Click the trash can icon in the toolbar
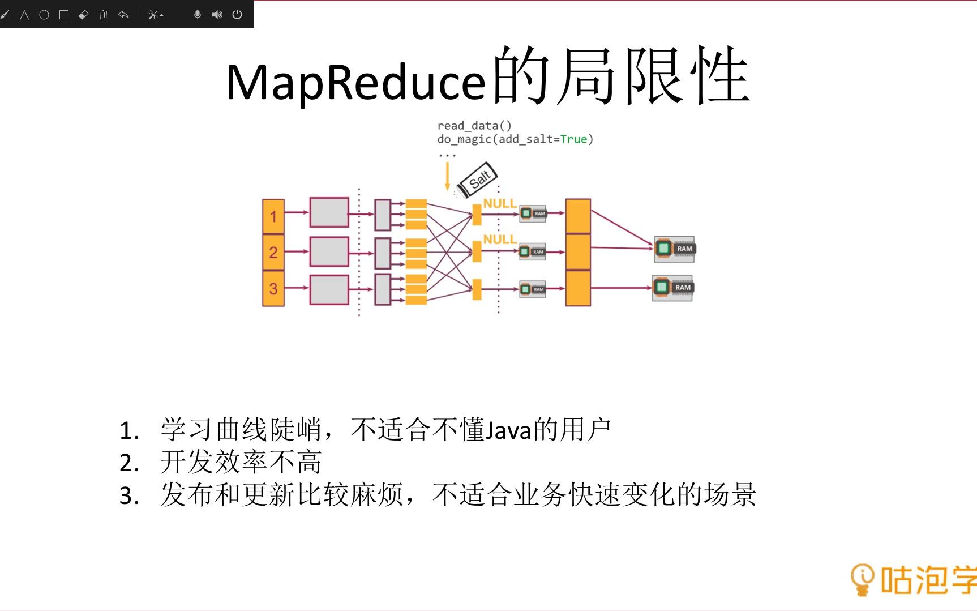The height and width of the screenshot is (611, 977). click(x=103, y=15)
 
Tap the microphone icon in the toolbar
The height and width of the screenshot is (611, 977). click(x=198, y=15)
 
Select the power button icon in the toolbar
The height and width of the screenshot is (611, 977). click(x=237, y=15)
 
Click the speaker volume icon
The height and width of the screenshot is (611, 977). click(x=217, y=15)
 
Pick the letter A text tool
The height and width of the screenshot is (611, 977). click(x=24, y=15)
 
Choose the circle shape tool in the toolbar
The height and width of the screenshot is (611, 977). click(x=44, y=15)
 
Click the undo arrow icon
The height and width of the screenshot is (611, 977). click(x=123, y=15)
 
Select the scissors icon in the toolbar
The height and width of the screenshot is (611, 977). click(x=153, y=15)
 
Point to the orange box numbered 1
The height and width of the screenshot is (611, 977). click(x=273, y=216)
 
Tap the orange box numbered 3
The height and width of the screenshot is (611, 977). click(x=273, y=288)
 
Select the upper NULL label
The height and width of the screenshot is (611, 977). click(x=499, y=203)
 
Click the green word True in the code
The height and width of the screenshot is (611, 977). click(x=573, y=139)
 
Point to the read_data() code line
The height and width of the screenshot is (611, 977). click(x=474, y=126)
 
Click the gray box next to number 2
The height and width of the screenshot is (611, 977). click(x=329, y=252)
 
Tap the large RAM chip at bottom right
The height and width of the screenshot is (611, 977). click(x=672, y=288)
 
